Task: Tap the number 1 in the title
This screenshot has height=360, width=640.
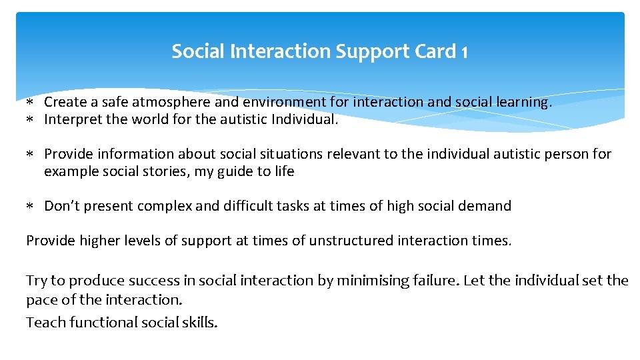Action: click(464, 51)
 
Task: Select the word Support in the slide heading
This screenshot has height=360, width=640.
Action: click(365, 51)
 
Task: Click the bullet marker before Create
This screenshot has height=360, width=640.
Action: click(30, 103)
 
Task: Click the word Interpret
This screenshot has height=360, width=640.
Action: click(72, 120)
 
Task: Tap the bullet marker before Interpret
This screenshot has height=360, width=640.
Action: click(30, 121)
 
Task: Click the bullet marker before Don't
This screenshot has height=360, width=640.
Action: click(30, 207)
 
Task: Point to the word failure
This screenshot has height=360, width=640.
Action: click(437, 281)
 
